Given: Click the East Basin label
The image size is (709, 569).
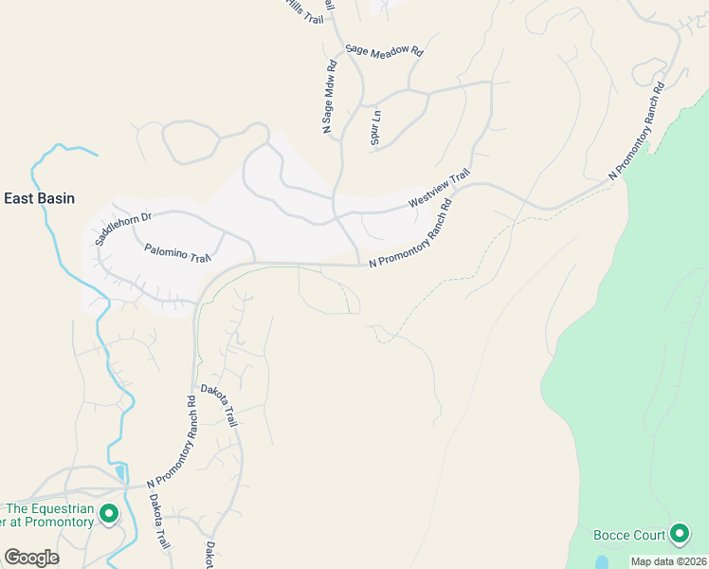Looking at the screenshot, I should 39,198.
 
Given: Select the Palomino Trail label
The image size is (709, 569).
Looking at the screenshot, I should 177,253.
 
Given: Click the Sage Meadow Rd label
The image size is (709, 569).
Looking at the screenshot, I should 383,51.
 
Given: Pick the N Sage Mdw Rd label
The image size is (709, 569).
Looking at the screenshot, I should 329,97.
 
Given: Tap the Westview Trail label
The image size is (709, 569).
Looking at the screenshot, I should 439,189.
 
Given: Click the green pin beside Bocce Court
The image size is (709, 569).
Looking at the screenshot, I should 679,534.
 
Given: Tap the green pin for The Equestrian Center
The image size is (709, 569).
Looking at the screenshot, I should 109,514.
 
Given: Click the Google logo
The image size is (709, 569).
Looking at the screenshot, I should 31,557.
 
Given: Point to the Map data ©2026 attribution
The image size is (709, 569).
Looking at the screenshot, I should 668,561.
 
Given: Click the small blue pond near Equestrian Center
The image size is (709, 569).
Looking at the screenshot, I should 118,471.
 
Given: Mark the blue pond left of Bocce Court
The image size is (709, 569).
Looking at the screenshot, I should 602,562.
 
